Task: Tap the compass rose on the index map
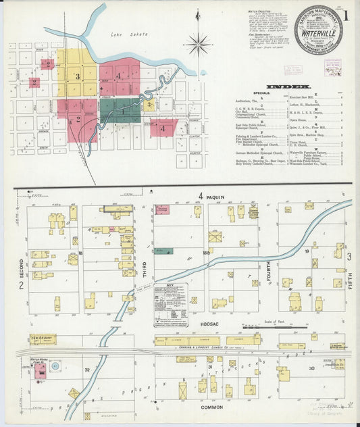[198, 45]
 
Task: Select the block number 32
[86, 370]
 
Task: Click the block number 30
[311, 368]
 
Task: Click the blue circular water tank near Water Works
[55, 367]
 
